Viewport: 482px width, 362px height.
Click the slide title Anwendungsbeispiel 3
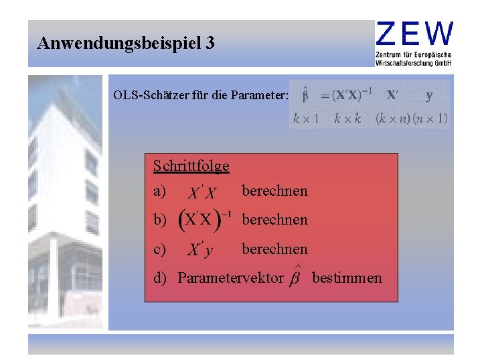tap(127, 44)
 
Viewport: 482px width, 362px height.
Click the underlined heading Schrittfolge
tap(191, 166)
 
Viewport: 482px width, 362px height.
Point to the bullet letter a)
tap(160, 191)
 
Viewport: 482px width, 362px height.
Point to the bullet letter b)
tap(160, 220)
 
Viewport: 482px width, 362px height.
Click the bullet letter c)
tap(160, 249)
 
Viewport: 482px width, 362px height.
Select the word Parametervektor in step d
tap(230, 278)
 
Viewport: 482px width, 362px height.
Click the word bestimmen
tap(347, 278)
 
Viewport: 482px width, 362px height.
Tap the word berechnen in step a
tap(274, 191)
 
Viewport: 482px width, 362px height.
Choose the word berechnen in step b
tap(274, 220)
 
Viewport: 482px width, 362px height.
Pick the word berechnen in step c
tap(274, 249)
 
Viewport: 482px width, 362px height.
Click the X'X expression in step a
tap(202, 193)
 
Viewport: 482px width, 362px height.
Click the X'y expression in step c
tap(201, 251)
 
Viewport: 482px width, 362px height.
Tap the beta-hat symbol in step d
tap(294, 277)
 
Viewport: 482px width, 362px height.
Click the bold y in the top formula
tap(429, 96)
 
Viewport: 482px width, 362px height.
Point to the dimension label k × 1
tap(305, 119)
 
